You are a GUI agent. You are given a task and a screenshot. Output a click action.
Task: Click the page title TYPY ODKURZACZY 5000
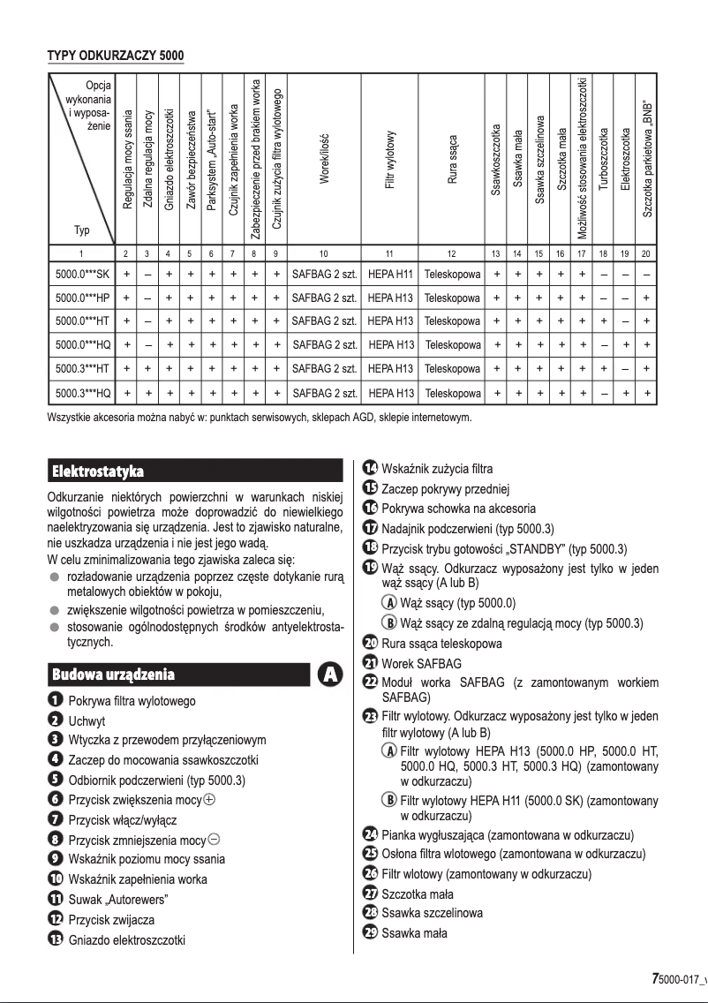click(x=115, y=57)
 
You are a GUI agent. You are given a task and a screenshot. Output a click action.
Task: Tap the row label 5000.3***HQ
click(x=82, y=392)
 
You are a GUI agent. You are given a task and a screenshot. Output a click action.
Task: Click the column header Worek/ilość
click(x=324, y=159)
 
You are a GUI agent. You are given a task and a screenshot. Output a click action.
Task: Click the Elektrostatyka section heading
click(x=98, y=471)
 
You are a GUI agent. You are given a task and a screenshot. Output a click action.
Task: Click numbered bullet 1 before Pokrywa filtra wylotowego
click(x=55, y=701)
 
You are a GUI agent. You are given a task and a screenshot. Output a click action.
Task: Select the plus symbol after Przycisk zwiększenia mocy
click(x=208, y=801)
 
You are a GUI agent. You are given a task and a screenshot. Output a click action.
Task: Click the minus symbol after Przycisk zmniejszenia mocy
click(x=215, y=840)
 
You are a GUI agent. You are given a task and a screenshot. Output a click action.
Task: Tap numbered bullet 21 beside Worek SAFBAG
click(x=370, y=663)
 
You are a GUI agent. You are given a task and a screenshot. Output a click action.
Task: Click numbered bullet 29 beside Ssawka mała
click(x=370, y=933)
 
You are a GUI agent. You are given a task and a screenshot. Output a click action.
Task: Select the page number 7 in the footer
click(x=655, y=979)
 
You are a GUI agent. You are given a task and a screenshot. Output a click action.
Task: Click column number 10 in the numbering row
click(x=324, y=254)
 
